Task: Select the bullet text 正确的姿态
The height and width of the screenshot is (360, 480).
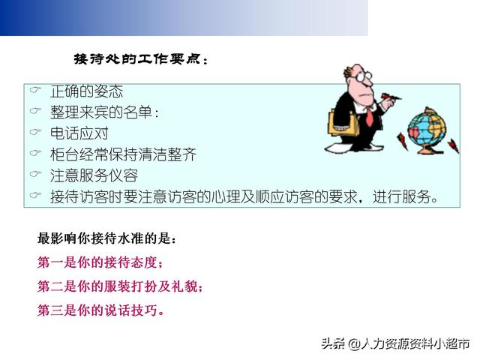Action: pos(87,91)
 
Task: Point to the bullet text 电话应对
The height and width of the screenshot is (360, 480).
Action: pos(79,133)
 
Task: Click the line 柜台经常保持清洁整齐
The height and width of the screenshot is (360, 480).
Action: pos(123,154)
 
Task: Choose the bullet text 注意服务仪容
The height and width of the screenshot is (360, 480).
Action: pos(94,175)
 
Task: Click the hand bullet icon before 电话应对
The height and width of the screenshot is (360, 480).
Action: pos(35,132)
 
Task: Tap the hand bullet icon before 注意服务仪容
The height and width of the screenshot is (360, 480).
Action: pos(35,174)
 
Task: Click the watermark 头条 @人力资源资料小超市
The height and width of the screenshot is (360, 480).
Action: pos(395,343)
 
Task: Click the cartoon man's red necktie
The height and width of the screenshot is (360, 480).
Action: pos(370,117)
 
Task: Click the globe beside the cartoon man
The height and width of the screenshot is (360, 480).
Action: pos(427,130)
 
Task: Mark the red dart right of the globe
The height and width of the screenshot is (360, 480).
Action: pos(453,145)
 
